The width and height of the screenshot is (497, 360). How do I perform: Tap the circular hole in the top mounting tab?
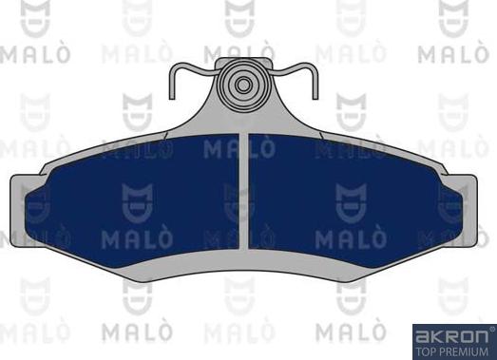pyautogui.click(x=244, y=85)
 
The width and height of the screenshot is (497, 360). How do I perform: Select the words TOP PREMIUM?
pyautogui.click(x=452, y=351)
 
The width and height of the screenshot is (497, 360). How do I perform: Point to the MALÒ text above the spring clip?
pyautogui.click(x=243, y=48)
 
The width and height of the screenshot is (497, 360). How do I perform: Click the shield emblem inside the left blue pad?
pyautogui.click(x=134, y=199)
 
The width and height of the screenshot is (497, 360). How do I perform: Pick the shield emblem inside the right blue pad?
pyautogui.click(x=353, y=199)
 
